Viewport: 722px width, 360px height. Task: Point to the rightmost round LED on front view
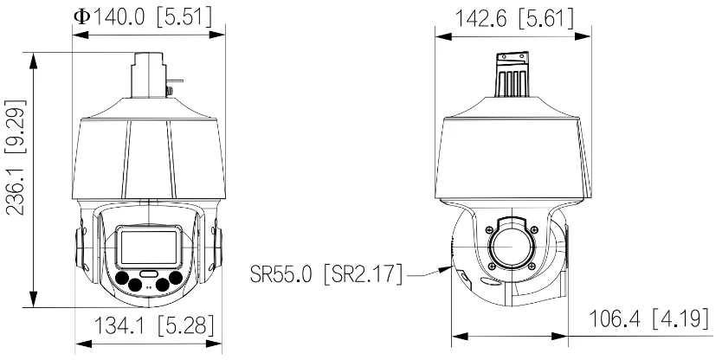[x=176, y=279]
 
